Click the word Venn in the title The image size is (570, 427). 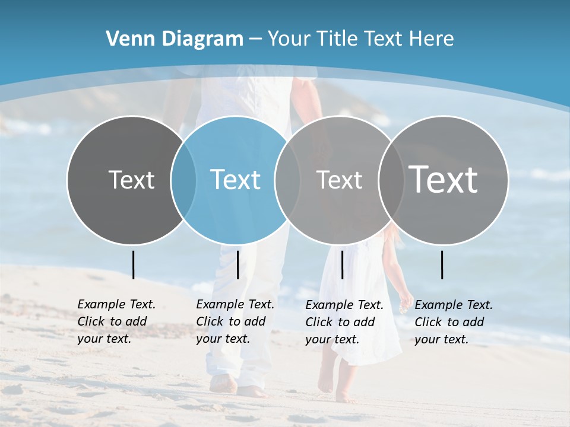[x=126, y=39]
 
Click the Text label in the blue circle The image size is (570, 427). [x=236, y=180]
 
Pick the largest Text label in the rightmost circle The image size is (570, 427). [x=444, y=179]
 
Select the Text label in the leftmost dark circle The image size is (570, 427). [x=132, y=180]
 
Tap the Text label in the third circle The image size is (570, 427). [x=339, y=180]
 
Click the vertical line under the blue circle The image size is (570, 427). [x=237, y=265]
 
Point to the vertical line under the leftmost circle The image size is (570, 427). [x=133, y=265]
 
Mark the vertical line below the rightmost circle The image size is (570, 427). [x=442, y=265]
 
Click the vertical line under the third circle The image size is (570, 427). [x=342, y=265]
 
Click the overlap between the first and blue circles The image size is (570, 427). [x=183, y=180]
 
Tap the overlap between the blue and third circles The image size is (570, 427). [x=287, y=180]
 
